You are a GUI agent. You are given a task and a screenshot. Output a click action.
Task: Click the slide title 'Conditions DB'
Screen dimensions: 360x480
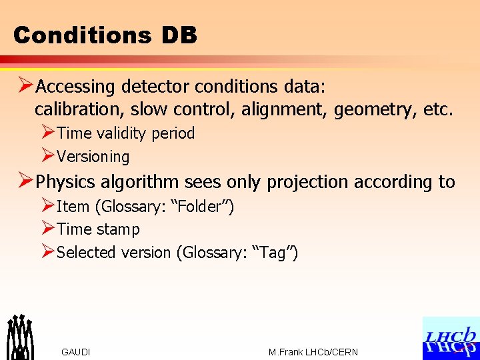pos(105,35)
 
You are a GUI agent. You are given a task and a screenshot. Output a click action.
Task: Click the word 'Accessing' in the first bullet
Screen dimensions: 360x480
pos(75,87)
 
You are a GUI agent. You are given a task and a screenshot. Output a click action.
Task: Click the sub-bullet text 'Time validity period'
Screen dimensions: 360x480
pos(126,133)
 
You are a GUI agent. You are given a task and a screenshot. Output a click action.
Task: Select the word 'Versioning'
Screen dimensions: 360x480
pos(93,157)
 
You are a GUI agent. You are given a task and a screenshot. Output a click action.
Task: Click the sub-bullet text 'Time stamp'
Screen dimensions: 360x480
pos(99,229)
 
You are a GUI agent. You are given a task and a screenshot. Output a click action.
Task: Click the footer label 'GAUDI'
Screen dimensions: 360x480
pos(75,352)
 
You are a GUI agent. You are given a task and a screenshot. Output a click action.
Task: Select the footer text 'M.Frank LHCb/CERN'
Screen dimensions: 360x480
pos(313,352)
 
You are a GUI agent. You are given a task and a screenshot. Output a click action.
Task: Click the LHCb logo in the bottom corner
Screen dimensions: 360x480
pos(451,338)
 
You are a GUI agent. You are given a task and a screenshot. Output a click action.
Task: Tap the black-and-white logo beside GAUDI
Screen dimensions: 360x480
pos(20,336)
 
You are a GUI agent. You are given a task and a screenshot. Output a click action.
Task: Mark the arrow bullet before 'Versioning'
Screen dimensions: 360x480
pos(47,156)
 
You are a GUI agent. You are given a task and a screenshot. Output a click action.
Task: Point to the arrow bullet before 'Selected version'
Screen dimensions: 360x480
pos(47,252)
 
